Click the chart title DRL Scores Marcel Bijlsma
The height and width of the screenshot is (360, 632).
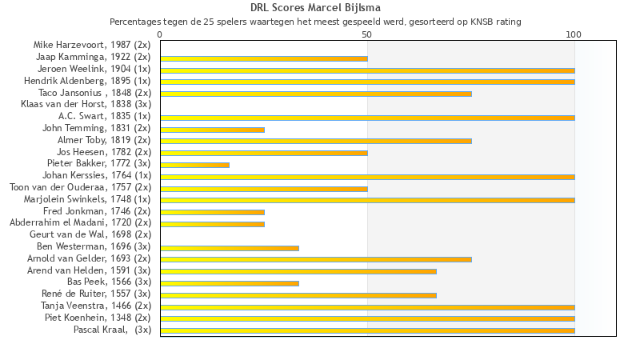tap(315, 8)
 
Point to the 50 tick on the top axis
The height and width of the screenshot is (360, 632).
tap(367, 34)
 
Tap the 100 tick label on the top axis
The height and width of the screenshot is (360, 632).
tap(574, 34)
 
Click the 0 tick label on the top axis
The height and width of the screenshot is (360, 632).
tap(160, 34)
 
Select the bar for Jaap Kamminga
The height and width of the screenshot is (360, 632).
tap(264, 58)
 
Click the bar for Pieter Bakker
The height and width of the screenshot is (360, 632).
tap(194, 165)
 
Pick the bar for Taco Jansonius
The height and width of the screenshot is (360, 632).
tap(316, 94)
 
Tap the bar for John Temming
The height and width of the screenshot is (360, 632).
tap(212, 130)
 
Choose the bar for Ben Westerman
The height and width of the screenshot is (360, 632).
tap(230, 248)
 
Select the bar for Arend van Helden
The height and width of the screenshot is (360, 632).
tap(298, 271)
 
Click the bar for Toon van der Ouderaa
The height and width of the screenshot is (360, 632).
tap(264, 189)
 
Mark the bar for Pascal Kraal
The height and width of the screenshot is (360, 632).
tap(367, 330)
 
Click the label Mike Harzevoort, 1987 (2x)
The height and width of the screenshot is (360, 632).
tap(91, 45)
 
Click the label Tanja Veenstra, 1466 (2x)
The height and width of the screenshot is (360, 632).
tap(95, 306)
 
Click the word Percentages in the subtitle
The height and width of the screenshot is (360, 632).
tap(135, 22)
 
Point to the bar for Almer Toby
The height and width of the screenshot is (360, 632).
tap(316, 141)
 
